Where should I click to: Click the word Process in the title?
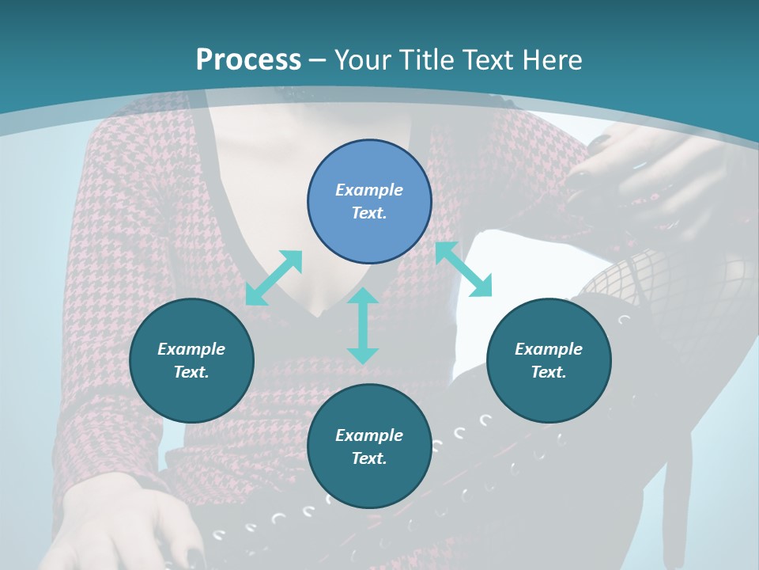(248, 60)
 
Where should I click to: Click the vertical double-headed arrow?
(363, 325)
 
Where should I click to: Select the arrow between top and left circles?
(274, 277)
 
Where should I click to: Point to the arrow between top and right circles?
(463, 269)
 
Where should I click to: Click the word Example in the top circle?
(369, 190)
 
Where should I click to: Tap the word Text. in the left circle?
(191, 372)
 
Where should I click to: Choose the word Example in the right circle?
(549, 349)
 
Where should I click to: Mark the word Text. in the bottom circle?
(369, 458)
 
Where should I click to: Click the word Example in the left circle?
(191, 349)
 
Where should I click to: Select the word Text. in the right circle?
(549, 372)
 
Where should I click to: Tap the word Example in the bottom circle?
(369, 435)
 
